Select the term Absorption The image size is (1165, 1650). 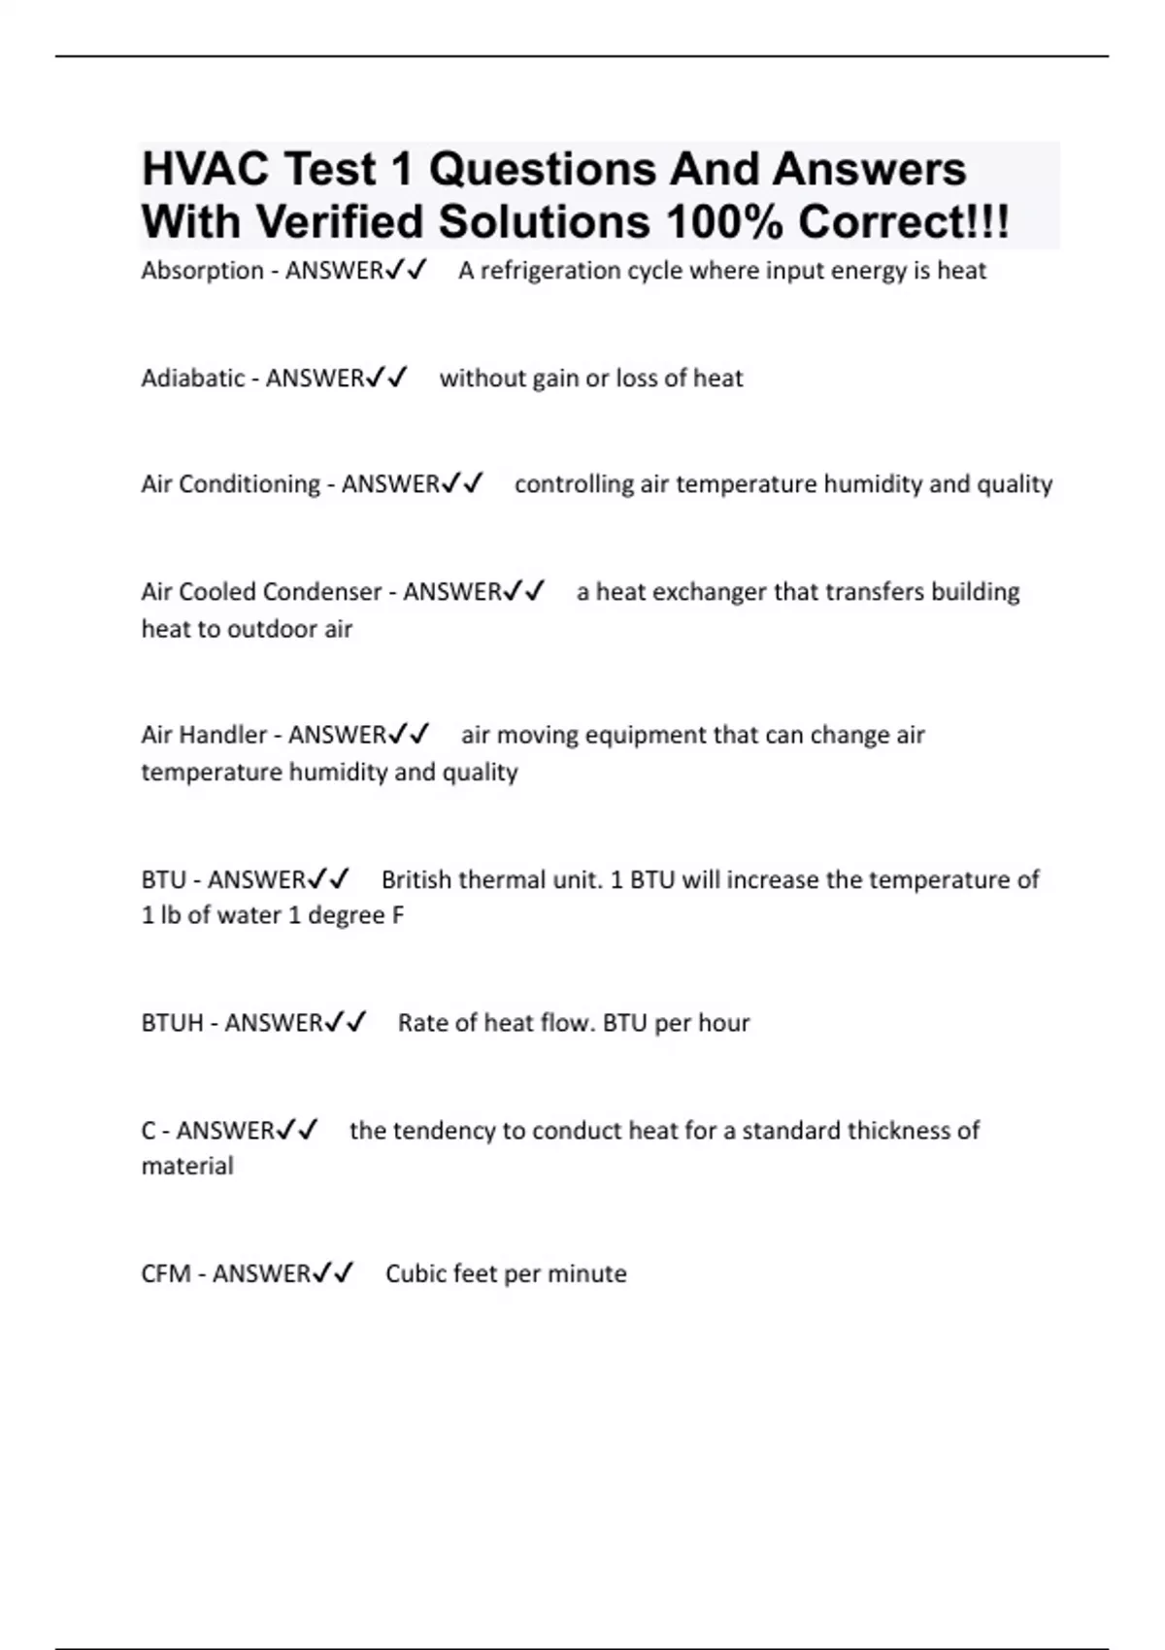tap(202, 271)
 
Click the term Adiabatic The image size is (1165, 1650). tap(192, 379)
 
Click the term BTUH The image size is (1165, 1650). tap(172, 1023)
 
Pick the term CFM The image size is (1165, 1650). tap(165, 1273)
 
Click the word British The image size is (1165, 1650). tap(416, 880)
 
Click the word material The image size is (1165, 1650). tap(187, 1166)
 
